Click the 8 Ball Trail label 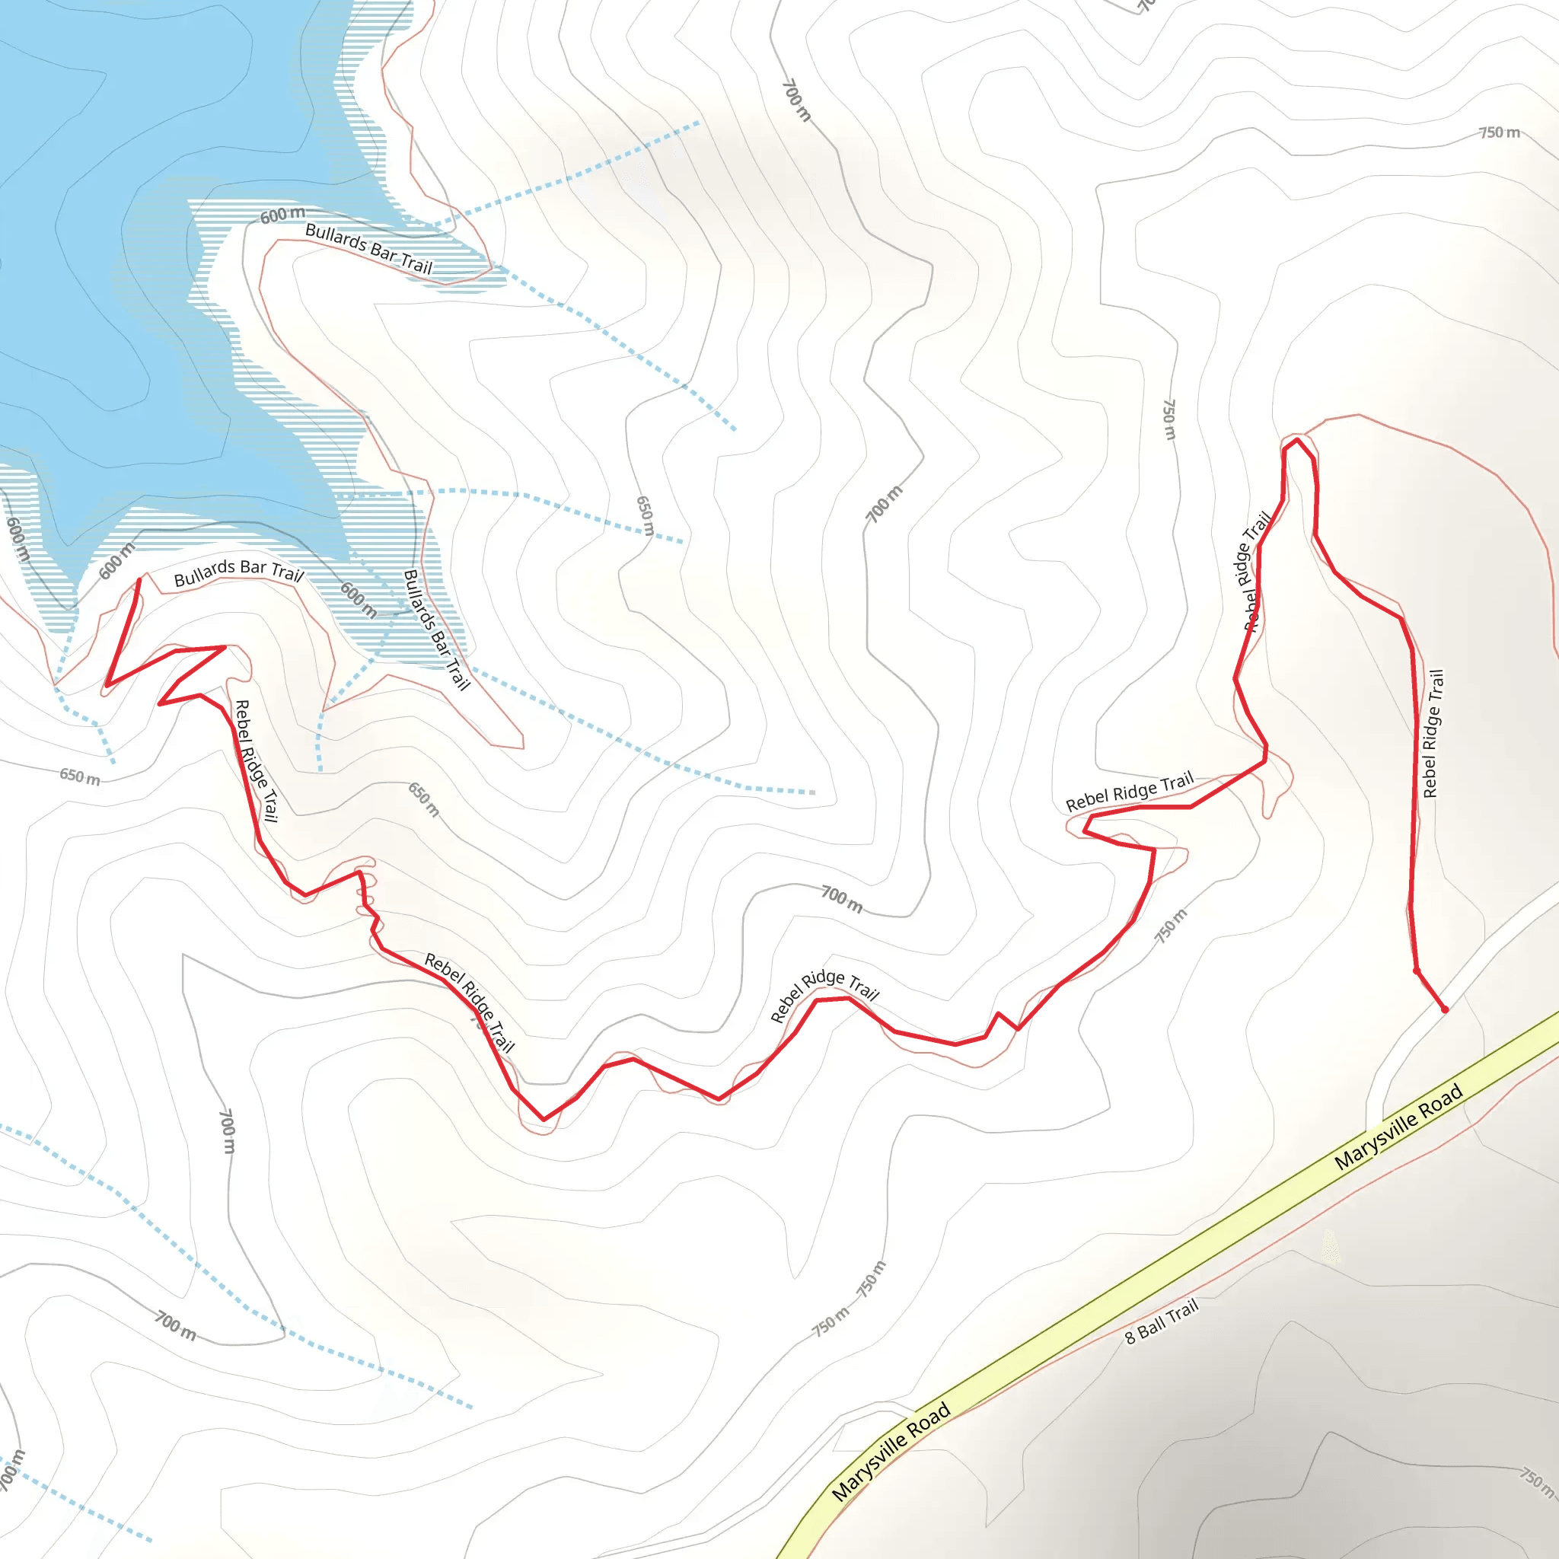coord(1161,1321)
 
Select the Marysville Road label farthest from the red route coord(891,1452)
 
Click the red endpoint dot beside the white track coord(1444,1009)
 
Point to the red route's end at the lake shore coord(139,579)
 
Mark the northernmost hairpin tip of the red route coord(1296,440)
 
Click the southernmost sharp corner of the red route coord(544,1119)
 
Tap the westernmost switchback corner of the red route coord(107,686)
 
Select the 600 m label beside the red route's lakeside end coord(116,562)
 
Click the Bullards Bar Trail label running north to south coord(435,630)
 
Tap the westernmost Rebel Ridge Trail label coord(255,761)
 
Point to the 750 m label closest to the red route coord(1170,926)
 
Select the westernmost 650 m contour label coord(80,776)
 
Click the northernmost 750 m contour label coord(1500,132)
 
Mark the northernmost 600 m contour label coord(282,215)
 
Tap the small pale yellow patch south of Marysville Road coord(1331,1247)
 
